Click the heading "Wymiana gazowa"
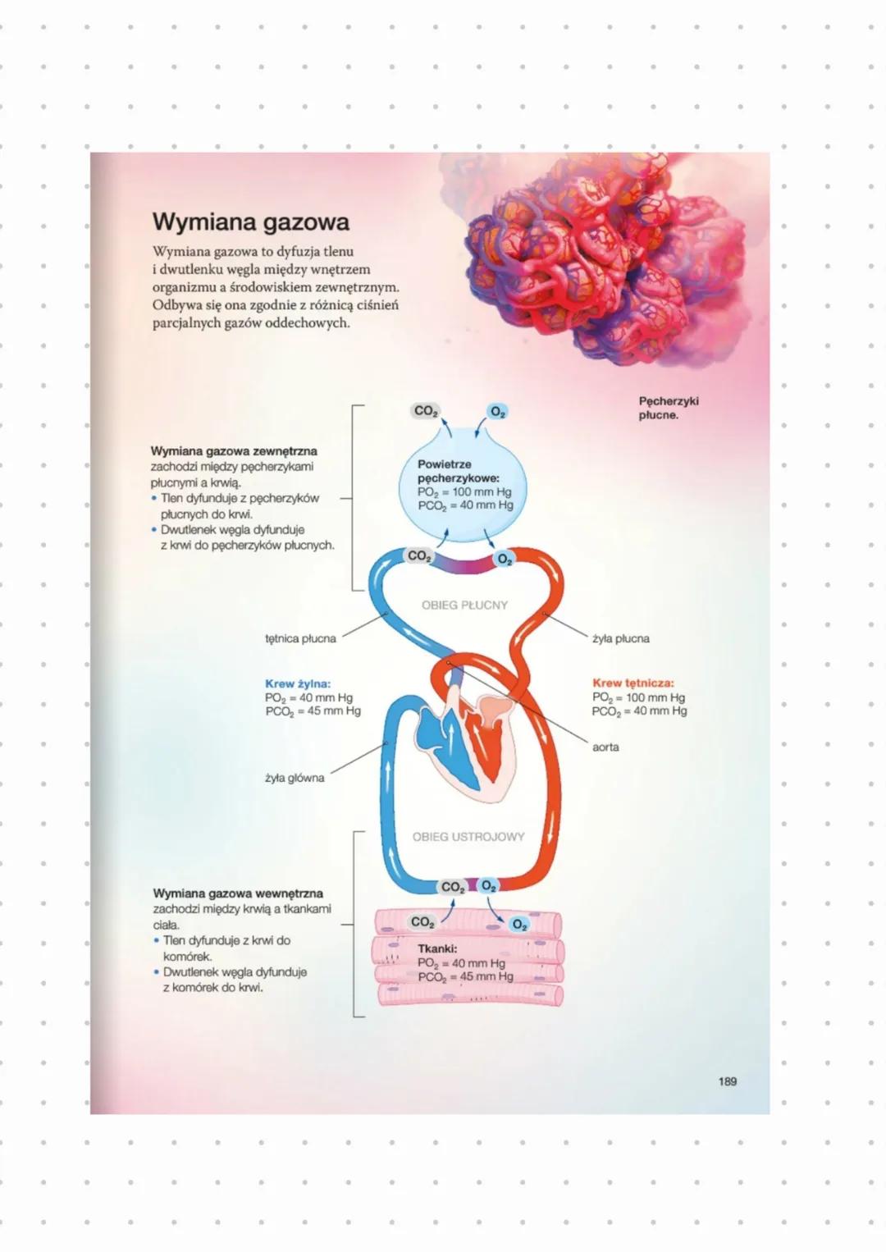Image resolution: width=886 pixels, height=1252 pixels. click(x=251, y=222)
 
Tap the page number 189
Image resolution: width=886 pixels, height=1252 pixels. click(x=727, y=1081)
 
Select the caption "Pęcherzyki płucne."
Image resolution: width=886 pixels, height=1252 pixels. click(x=668, y=408)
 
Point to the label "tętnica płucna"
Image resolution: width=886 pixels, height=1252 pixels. click(x=300, y=638)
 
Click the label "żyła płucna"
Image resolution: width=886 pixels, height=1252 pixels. click(x=620, y=638)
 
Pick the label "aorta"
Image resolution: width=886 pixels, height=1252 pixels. click(x=605, y=747)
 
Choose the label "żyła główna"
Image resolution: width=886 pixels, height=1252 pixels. click(x=295, y=778)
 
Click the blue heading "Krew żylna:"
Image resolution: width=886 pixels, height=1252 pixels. click(x=298, y=683)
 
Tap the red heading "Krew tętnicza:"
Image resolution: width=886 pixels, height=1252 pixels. click(x=633, y=683)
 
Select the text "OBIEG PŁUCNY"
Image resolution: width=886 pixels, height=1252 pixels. click(x=464, y=605)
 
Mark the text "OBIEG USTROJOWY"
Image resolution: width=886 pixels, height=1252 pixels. click(x=468, y=837)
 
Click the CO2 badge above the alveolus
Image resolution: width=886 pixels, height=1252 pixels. click(x=426, y=411)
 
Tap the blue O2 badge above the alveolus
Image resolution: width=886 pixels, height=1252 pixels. click(x=497, y=411)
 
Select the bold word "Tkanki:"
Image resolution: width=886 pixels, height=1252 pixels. click(x=437, y=948)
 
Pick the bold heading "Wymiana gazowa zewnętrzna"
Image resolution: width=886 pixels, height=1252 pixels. click(x=234, y=450)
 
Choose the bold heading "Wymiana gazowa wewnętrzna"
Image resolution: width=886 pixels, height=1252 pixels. click(x=238, y=893)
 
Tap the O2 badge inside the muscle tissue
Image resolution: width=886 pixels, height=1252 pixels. click(x=518, y=925)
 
